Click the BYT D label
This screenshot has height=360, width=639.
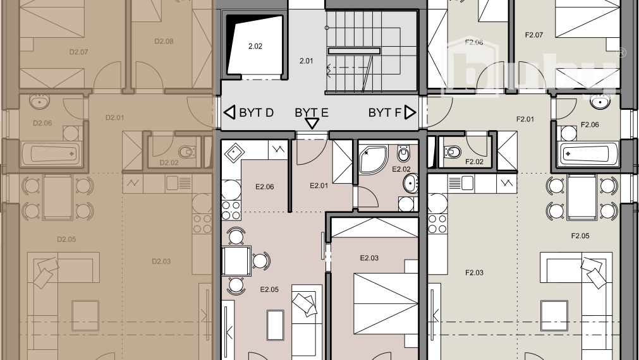point(256,113)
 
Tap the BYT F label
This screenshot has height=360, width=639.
point(385,113)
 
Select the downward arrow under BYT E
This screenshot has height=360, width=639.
point(312,124)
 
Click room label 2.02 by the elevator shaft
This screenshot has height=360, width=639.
point(255,46)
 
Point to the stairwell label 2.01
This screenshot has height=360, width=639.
point(306,61)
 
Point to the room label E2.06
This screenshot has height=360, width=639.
point(264,187)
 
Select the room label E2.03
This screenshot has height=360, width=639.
point(369,258)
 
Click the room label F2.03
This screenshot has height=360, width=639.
point(474,273)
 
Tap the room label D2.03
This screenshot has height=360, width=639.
point(161,261)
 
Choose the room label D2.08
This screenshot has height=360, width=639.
point(164,42)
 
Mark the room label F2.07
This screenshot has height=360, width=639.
point(534,35)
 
